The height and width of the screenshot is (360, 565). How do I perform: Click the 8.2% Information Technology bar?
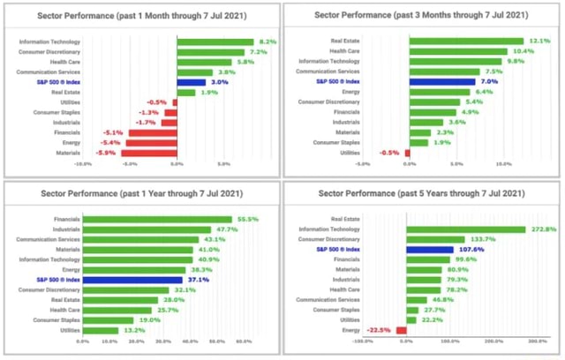point(215,42)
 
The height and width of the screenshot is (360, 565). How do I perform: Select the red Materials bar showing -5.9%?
point(151,153)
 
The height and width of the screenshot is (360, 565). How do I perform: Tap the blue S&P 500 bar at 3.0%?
point(191,82)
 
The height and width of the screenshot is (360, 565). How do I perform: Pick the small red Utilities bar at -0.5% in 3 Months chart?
point(407,153)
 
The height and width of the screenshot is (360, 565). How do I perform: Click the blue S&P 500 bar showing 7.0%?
point(441,82)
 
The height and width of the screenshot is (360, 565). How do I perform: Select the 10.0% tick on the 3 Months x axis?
point(504,163)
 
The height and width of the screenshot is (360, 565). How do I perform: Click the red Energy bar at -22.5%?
point(402,330)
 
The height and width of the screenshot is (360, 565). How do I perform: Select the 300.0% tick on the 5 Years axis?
point(538,341)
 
